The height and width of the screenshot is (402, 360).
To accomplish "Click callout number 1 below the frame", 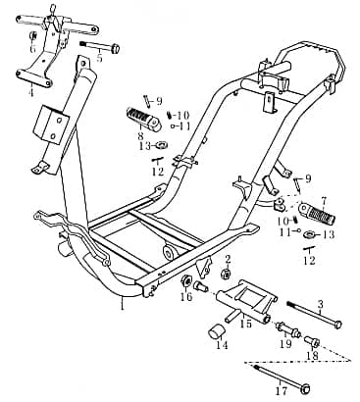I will pos(122,306).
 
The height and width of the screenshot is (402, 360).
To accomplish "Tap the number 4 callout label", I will pos(30,93).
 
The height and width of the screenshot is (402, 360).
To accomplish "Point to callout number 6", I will pos(31,48).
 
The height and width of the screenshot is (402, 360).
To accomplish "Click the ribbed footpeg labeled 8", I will pos(140,119).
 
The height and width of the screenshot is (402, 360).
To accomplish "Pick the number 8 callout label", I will pos(140,136).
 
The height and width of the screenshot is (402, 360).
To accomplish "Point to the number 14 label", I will pos(222,345).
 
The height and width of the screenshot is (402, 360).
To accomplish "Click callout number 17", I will pos(282,390).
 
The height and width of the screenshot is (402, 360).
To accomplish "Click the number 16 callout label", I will pos(185,298).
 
